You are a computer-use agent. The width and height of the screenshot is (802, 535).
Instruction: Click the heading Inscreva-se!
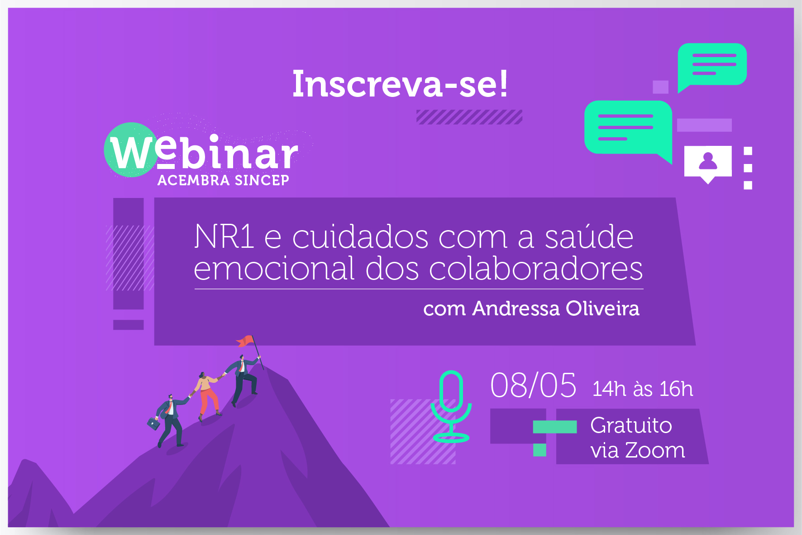click(x=400, y=84)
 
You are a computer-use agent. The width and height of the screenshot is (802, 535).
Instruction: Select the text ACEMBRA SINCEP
click(x=223, y=180)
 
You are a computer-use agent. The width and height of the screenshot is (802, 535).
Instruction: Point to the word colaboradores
click(x=536, y=268)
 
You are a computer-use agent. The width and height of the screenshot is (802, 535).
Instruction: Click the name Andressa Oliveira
click(x=556, y=308)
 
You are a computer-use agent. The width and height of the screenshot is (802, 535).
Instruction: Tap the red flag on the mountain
click(x=245, y=341)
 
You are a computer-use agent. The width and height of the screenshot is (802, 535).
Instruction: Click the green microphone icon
click(x=451, y=406)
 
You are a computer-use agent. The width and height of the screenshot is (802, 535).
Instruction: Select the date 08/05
click(x=534, y=386)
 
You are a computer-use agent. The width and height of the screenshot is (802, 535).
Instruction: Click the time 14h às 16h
click(x=643, y=389)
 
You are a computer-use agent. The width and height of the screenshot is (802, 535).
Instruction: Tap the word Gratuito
click(x=631, y=425)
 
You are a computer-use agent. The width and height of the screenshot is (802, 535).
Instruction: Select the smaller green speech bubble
click(x=712, y=66)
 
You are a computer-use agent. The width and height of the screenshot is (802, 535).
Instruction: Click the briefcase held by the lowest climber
click(x=153, y=424)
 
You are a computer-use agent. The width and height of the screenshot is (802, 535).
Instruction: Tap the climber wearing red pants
click(x=207, y=394)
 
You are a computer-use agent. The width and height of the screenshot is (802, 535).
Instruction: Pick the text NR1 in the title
click(x=224, y=236)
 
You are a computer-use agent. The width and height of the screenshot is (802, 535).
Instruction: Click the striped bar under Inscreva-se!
click(x=469, y=117)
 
